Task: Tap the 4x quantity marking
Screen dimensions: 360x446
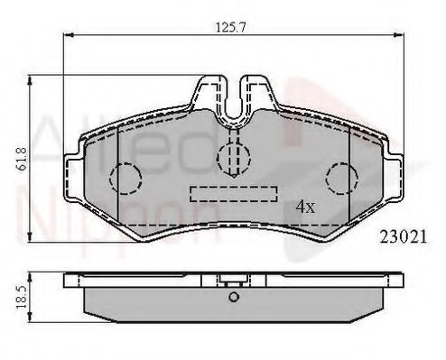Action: point(305,207)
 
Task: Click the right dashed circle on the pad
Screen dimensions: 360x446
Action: point(341,176)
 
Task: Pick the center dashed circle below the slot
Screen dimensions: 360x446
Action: point(232,156)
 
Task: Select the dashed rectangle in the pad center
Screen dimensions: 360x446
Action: point(232,193)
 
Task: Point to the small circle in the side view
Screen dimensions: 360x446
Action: point(232,298)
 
